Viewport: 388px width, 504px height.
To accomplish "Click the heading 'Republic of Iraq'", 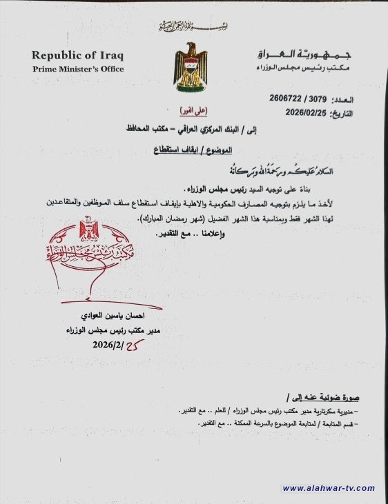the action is click(77, 54).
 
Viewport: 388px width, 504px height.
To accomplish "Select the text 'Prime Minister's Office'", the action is click(78, 69).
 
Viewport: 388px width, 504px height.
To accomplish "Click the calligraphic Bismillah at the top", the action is click(193, 26).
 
